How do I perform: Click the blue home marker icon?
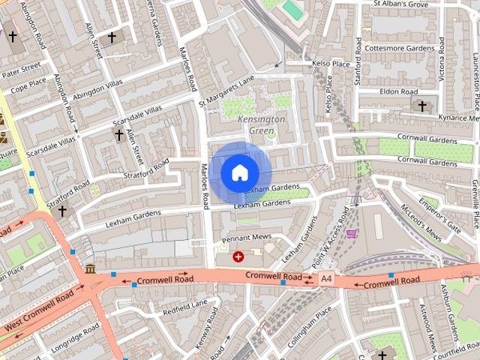click(239, 172)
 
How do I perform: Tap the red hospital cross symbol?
click(238, 256)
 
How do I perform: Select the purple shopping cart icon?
click(351, 233)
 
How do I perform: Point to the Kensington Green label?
click(261, 124)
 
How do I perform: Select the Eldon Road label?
click(398, 91)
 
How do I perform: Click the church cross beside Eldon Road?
click(422, 106)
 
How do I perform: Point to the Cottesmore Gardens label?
click(398, 48)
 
